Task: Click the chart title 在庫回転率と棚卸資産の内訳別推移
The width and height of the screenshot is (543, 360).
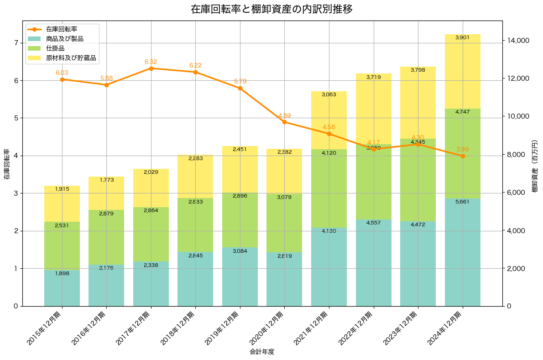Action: tap(271, 9)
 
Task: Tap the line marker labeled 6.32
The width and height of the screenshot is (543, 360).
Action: tap(151, 68)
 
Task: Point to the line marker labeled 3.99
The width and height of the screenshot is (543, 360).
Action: tap(463, 156)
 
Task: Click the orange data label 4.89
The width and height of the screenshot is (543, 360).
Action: tap(284, 115)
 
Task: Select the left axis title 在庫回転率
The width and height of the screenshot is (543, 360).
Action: tap(6, 164)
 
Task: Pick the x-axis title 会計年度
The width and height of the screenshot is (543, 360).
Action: tap(262, 352)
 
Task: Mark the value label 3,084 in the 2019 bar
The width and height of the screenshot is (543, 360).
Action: tap(240, 251)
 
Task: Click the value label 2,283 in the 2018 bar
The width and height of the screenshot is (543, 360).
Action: tap(195, 158)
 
